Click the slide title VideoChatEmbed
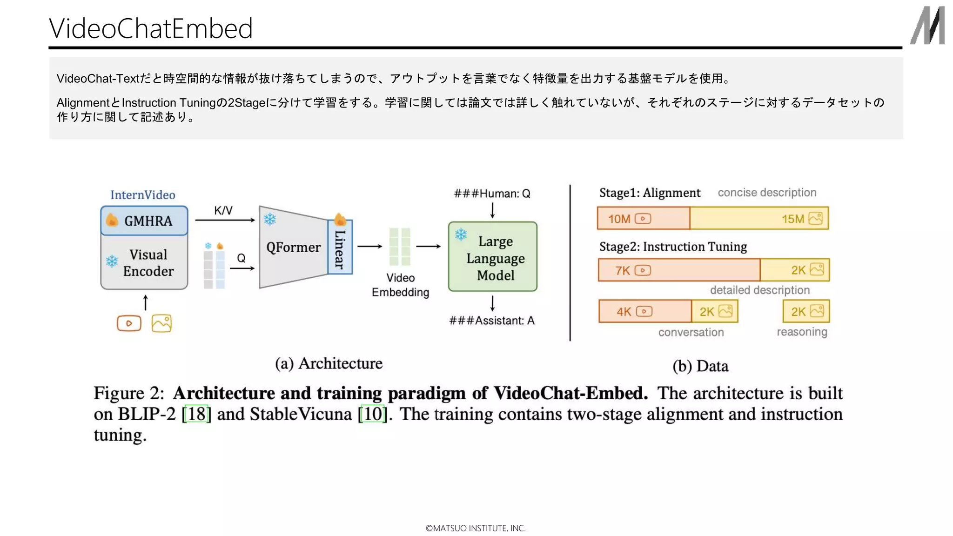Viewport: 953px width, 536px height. (x=151, y=28)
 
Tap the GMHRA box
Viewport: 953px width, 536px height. (x=144, y=221)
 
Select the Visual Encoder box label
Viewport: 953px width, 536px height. (x=148, y=263)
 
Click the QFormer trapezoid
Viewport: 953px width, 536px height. (x=293, y=247)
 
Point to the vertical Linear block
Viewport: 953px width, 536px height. (x=340, y=248)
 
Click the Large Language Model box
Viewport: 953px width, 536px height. (x=493, y=257)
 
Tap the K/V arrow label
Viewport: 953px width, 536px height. (x=223, y=210)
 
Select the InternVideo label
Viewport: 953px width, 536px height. (x=142, y=195)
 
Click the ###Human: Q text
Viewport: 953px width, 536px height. (x=492, y=194)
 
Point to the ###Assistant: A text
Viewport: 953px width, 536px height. (x=492, y=321)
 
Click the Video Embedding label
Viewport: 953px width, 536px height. (x=400, y=285)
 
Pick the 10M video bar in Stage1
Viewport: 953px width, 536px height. (x=644, y=219)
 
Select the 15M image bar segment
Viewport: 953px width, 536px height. (x=759, y=219)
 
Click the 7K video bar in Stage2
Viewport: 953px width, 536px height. (x=679, y=270)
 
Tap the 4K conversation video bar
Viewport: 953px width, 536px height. (x=645, y=311)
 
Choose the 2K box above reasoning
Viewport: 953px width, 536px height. (x=806, y=311)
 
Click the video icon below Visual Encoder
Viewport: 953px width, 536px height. (x=129, y=323)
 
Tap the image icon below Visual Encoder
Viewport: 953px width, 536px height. (x=161, y=323)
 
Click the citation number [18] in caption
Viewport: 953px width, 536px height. (x=196, y=414)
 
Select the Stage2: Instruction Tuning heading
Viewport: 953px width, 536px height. (x=673, y=247)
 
